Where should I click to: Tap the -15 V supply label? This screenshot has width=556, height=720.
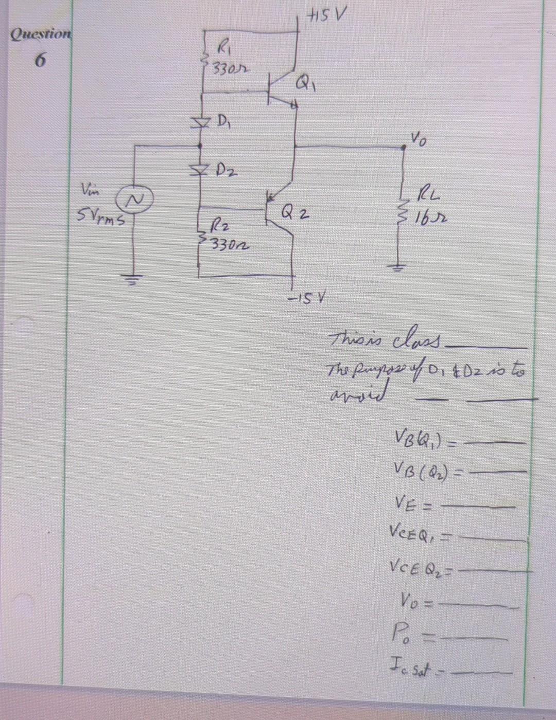[307, 297]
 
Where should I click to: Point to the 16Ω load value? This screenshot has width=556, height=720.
[429, 213]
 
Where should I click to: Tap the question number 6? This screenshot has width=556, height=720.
[39, 60]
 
